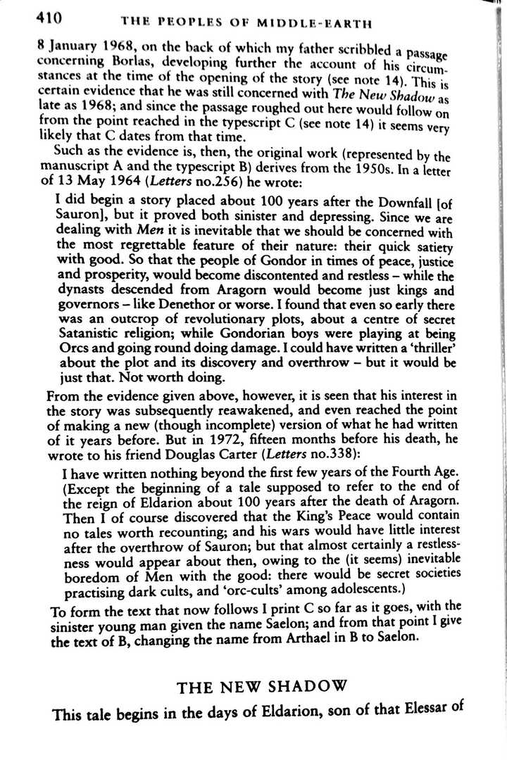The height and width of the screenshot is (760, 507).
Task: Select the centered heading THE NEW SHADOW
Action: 262,688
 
